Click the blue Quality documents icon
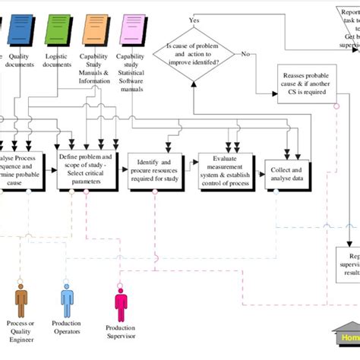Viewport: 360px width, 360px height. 18,28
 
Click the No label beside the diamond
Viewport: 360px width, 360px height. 245,54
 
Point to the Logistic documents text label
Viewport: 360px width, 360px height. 58,61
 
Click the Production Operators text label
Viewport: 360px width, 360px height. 67,327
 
